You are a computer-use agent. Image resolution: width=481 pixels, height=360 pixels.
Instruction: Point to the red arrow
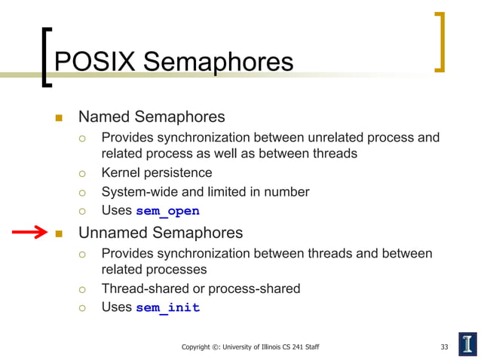coord(29,233)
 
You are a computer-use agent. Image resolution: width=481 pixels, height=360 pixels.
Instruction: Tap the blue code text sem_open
coord(167,211)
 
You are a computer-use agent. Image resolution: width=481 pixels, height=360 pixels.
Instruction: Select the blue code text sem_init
coord(167,307)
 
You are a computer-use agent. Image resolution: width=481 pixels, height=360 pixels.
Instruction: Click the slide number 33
coord(445,346)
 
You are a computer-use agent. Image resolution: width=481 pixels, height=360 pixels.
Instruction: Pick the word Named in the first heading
coord(103,117)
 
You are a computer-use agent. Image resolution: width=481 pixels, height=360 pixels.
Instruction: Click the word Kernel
coord(121,173)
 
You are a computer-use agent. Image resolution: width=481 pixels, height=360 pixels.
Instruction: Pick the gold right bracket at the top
coord(440,41)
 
